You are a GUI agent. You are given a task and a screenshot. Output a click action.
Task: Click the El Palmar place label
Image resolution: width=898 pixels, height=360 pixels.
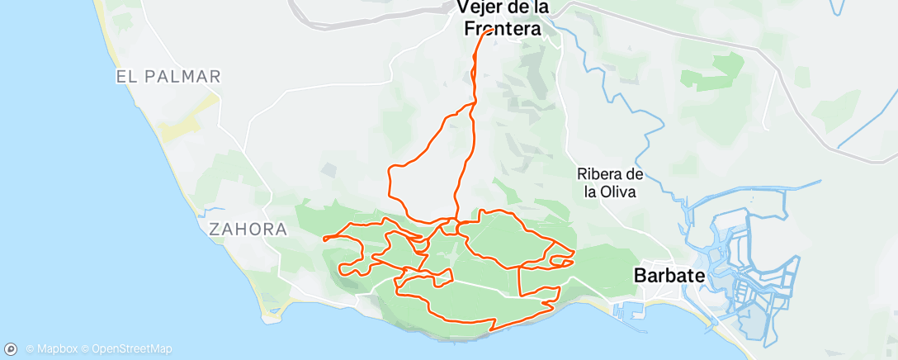pos(168,77)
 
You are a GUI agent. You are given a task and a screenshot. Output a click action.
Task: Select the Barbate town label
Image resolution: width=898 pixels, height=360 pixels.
pos(666,276)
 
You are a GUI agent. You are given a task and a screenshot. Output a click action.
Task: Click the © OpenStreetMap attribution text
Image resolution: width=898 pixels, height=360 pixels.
pos(133,348)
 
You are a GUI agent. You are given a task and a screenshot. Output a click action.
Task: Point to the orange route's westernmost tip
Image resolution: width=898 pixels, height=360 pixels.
pos(324,239)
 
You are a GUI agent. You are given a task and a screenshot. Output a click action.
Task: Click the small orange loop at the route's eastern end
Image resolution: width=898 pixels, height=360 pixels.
pos(562,263)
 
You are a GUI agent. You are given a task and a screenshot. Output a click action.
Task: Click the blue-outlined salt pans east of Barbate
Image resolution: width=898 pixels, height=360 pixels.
pos(755,281)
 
